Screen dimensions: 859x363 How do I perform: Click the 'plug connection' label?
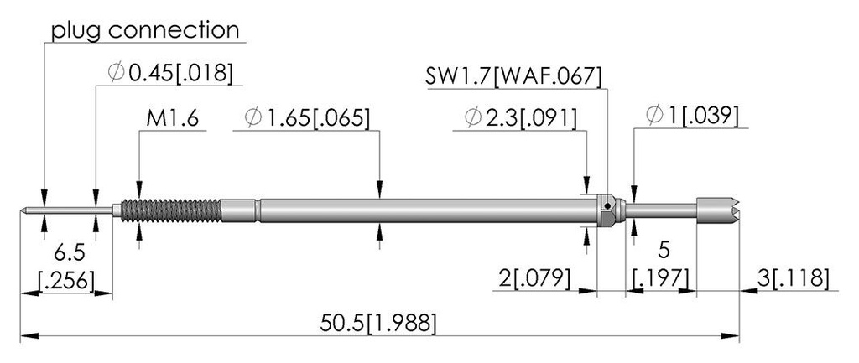pos(145,30)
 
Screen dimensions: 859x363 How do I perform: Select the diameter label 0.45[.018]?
pos(170,72)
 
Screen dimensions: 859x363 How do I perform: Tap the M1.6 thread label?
pos(172,117)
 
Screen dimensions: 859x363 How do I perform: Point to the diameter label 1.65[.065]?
pos(307,117)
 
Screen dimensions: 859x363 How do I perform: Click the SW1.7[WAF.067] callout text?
pos(514,76)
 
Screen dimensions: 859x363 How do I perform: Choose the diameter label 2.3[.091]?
pos(520,117)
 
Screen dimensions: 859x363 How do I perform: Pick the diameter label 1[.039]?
pos(692,116)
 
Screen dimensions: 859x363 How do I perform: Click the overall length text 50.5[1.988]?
pos(378,323)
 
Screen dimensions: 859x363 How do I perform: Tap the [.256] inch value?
pos(65,280)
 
